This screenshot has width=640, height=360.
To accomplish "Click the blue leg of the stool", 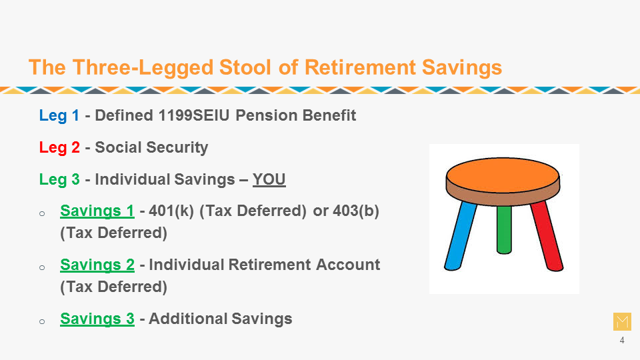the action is (x=461, y=236).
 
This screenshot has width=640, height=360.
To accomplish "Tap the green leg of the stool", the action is (x=504, y=229).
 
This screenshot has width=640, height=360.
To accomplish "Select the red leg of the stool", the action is (x=547, y=235).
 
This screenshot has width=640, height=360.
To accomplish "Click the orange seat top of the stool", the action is (x=503, y=175).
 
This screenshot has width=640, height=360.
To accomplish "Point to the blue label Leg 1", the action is (x=59, y=115).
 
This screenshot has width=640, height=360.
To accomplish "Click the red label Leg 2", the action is (x=59, y=147).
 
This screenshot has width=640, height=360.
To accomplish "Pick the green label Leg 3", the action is (x=59, y=179).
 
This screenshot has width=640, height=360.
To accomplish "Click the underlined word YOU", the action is (x=269, y=179).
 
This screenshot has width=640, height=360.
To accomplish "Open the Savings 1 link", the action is (x=97, y=211).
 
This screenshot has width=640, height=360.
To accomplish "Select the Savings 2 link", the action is (x=97, y=265).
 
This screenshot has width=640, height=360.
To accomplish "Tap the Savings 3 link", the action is (x=97, y=319).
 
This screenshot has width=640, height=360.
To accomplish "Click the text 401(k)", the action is (x=171, y=211).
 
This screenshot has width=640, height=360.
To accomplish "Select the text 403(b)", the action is (x=356, y=211).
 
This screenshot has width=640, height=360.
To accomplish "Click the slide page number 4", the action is (x=621, y=340).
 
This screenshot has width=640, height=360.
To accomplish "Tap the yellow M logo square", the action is (x=622, y=321).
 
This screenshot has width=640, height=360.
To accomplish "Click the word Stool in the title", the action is (x=245, y=67).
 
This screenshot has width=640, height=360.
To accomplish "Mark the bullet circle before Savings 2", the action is (x=42, y=268).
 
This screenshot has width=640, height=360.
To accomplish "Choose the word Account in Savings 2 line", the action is (x=348, y=265).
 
